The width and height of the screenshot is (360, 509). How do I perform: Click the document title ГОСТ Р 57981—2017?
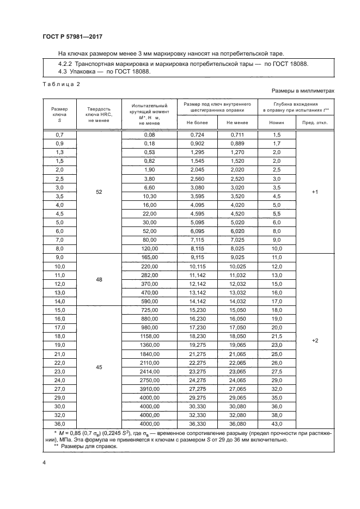click(x=72, y=36)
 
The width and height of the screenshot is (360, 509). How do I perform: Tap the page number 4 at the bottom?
click(x=44, y=463)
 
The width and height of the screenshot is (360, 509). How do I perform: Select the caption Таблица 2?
click(x=61, y=84)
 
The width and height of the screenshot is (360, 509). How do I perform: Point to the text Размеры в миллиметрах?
click(x=302, y=91)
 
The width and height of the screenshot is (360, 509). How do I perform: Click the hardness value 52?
click(x=99, y=192)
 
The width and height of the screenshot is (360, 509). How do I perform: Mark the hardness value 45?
click(x=99, y=367)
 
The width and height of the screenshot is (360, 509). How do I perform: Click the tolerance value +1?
click(x=314, y=192)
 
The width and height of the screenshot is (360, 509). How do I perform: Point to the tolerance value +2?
click(x=314, y=340)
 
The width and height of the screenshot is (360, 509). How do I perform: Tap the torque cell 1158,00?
click(x=149, y=337)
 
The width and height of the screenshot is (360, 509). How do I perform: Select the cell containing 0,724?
click(x=197, y=134)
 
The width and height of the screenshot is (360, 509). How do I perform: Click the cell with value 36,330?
click(x=197, y=424)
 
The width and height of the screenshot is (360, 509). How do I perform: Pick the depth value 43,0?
click(x=277, y=424)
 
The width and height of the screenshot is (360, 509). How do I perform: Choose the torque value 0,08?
click(x=149, y=134)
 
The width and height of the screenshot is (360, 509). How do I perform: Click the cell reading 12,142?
click(x=197, y=284)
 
